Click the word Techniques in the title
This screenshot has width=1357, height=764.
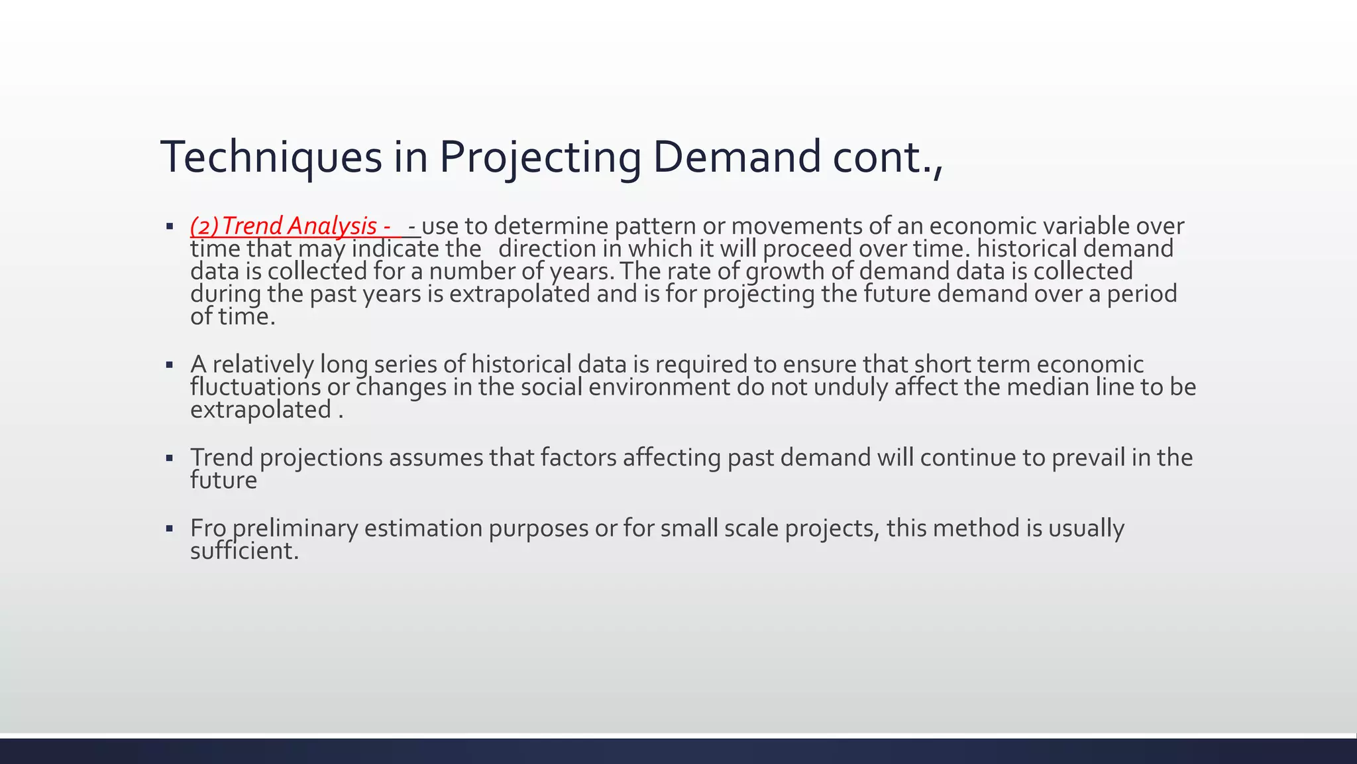click(272, 157)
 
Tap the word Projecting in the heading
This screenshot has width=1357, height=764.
click(540, 157)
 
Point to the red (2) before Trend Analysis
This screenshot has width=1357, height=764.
click(204, 226)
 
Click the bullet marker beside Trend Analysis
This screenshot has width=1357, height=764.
click(170, 226)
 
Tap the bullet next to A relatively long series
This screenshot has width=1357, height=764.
click(170, 365)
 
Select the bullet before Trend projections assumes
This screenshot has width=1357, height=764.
click(170, 458)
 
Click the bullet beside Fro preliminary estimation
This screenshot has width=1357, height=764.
click(170, 529)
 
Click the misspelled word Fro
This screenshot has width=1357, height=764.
click(208, 529)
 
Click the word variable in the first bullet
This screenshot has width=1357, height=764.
click(1087, 226)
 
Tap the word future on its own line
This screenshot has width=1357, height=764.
click(223, 480)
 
